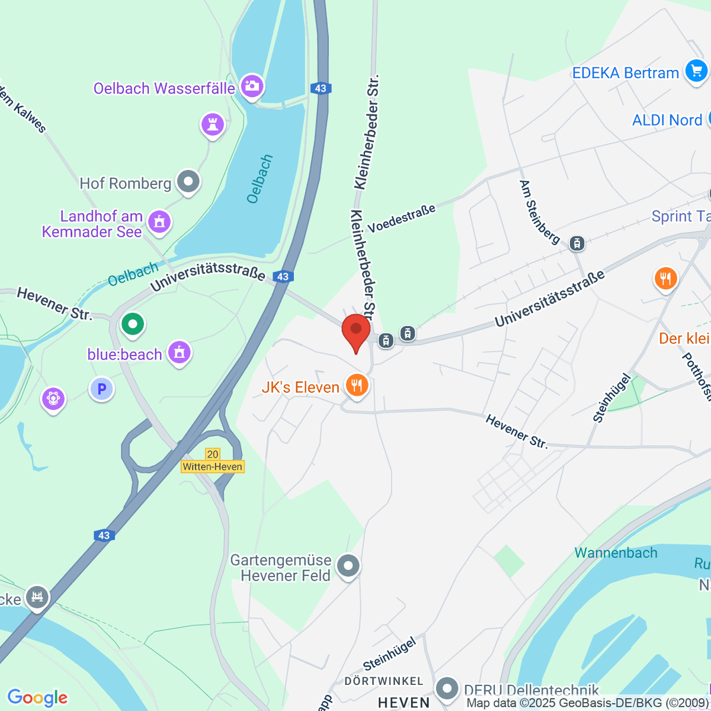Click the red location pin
point(356,332)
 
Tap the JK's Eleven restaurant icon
point(356,386)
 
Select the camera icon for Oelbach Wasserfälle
point(252,86)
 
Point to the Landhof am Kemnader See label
point(93,224)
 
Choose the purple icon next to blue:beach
point(179,353)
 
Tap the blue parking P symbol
point(102,389)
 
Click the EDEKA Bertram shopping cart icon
point(696,71)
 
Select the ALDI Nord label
point(667,120)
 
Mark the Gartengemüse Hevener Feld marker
point(348,566)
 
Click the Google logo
point(37,697)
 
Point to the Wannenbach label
point(616,553)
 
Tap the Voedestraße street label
point(402,219)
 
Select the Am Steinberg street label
point(539,212)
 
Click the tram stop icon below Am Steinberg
point(577,243)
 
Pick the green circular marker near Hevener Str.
point(133,324)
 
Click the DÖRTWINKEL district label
point(384,681)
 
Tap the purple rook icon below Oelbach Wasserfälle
point(212,124)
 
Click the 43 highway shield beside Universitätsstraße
point(283,277)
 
